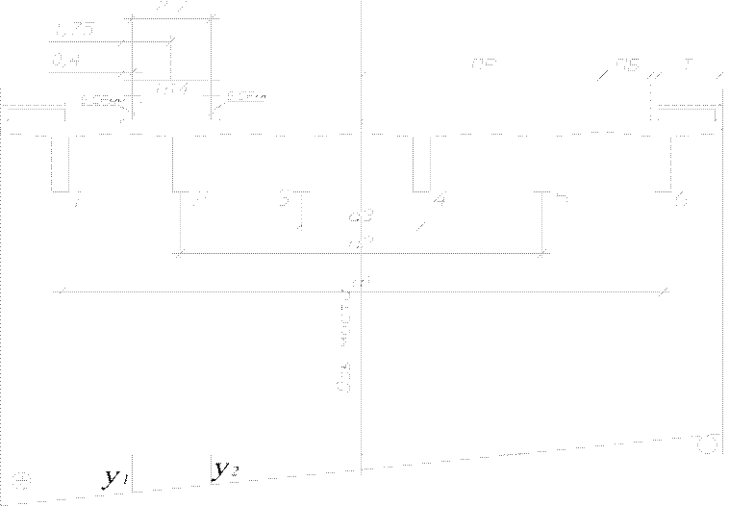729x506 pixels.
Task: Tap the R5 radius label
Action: tap(626, 66)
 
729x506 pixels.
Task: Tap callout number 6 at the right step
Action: tap(680, 199)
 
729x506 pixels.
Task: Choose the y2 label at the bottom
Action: tap(225, 470)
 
